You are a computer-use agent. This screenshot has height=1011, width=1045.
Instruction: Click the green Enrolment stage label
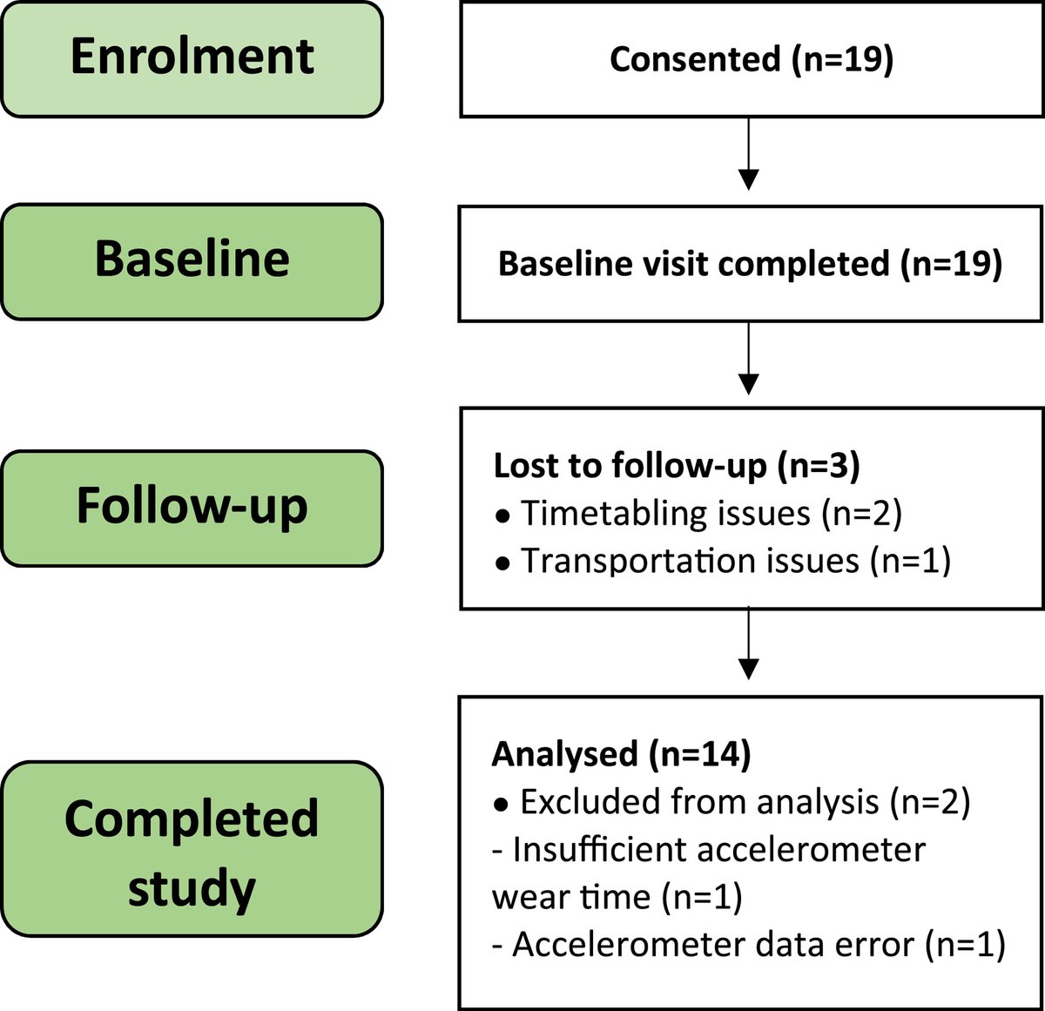[192, 58]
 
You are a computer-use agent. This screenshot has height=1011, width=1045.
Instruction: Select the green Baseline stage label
[192, 260]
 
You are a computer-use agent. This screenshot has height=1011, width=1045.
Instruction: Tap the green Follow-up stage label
[192, 507]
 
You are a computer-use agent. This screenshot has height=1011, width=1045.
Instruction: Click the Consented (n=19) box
[751, 59]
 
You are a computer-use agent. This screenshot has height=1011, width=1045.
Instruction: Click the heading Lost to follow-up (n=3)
[677, 466]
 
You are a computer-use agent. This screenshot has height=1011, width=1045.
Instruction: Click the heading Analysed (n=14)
[621, 754]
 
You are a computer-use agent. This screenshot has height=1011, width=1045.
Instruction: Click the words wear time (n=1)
[617, 897]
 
